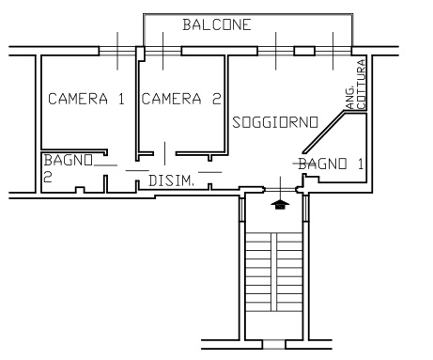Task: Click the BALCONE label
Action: [217, 24]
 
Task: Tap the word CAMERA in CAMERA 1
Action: [78, 99]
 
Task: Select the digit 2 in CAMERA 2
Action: [217, 99]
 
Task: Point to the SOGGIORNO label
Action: [275, 122]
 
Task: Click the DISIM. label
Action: [171, 180]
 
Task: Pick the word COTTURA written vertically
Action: [362, 85]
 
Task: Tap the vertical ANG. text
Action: [351, 97]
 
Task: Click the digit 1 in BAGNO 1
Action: [361, 164]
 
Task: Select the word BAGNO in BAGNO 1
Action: [322, 164]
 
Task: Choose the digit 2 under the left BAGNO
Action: [48, 177]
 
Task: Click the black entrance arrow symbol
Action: [280, 205]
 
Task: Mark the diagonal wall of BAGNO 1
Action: [324, 133]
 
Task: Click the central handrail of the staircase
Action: [273, 272]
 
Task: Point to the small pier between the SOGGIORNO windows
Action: [304, 51]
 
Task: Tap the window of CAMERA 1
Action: [117, 51]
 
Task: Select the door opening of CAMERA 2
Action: [165, 153]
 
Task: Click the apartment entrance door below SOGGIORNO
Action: [280, 189]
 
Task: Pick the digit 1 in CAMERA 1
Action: [121, 99]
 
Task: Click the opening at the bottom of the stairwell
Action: [274, 344]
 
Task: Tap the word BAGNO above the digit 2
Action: [69, 160]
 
